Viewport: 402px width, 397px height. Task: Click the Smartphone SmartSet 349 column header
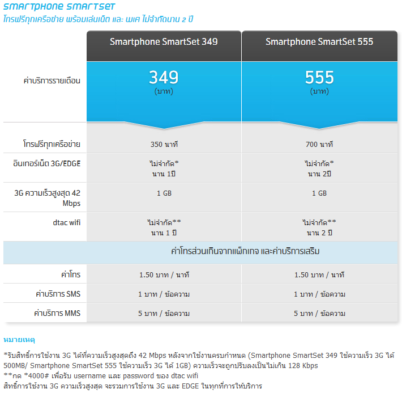[164, 42]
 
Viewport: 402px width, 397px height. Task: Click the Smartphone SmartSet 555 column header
[319, 42]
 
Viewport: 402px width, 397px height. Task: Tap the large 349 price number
[164, 77]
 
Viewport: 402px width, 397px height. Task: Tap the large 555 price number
[319, 77]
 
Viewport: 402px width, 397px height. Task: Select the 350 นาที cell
[164, 144]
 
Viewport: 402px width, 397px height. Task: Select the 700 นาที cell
[319, 144]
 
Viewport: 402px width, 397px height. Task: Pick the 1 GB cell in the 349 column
[164, 193]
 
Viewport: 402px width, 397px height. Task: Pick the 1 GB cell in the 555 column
[319, 193]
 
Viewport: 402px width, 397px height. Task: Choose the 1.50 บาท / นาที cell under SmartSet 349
[164, 275]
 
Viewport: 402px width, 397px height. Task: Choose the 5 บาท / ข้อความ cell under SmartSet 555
[319, 314]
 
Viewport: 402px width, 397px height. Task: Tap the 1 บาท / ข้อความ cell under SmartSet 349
[164, 294]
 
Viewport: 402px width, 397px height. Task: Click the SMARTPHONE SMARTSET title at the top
[59, 7]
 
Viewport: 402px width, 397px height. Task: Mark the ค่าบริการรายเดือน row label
[52, 81]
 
